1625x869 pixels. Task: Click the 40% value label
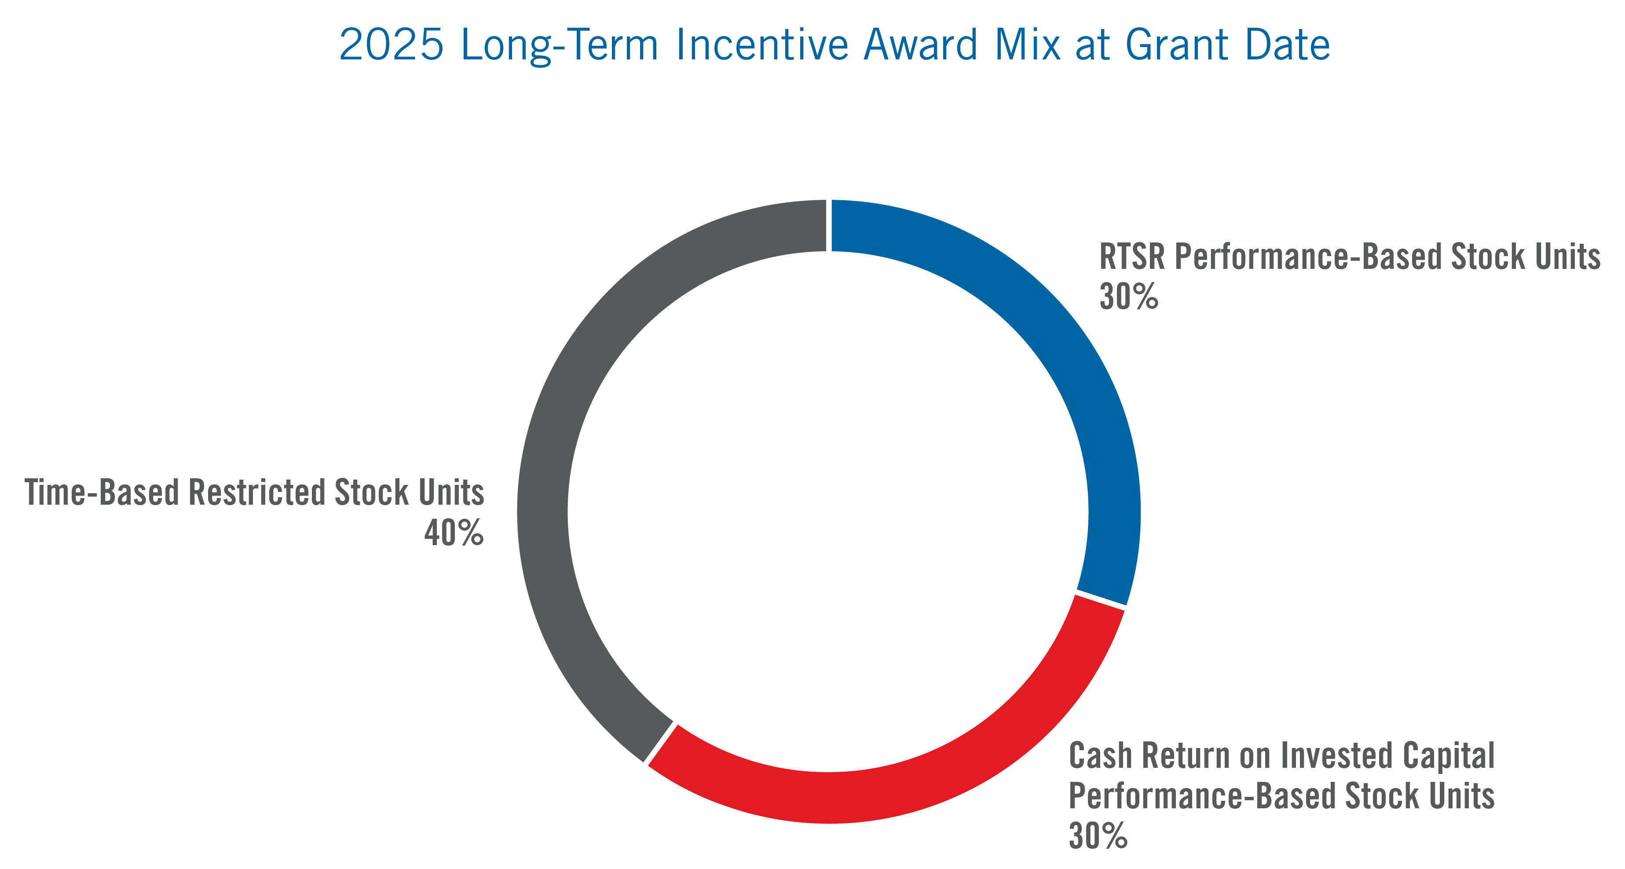pyautogui.click(x=454, y=533)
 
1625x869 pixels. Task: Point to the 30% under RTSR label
pyautogui.click(x=1128, y=297)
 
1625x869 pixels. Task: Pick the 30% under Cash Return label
pyautogui.click(x=1098, y=836)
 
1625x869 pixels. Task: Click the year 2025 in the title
pyautogui.click(x=391, y=45)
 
